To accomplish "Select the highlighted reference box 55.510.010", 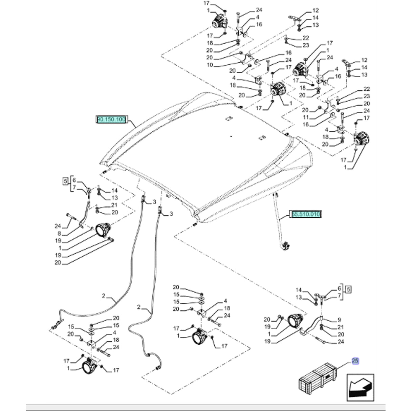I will coord(305,214).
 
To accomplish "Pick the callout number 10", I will coord(210,65).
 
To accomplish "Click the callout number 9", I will coord(339,320).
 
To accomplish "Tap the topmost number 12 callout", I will coord(316,10).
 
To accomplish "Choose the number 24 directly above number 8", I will coord(57,226).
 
